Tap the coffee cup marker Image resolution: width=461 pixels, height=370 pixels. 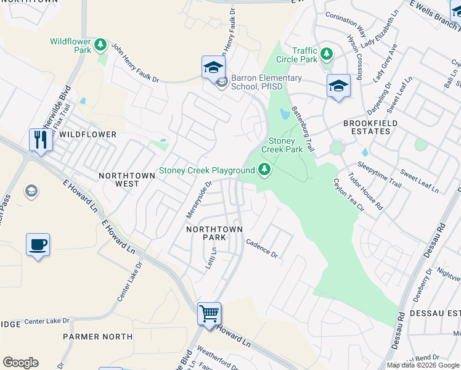tap(38, 245)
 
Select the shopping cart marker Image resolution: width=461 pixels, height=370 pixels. tap(210, 314)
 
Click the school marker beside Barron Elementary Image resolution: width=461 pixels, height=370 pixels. tap(213, 67)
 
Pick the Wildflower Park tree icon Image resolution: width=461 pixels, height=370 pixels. tap(100, 45)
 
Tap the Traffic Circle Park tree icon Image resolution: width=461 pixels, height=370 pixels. tap(327, 54)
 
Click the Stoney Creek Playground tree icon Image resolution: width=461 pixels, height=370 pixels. tap(264, 169)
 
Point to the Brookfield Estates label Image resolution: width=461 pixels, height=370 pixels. tap(370, 129)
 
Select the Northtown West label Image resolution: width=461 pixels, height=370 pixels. tap(127, 176)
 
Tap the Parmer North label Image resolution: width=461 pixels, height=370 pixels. tap(97, 337)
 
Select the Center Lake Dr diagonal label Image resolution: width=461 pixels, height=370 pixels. tap(129, 281)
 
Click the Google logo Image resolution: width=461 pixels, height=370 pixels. tap(20, 363)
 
